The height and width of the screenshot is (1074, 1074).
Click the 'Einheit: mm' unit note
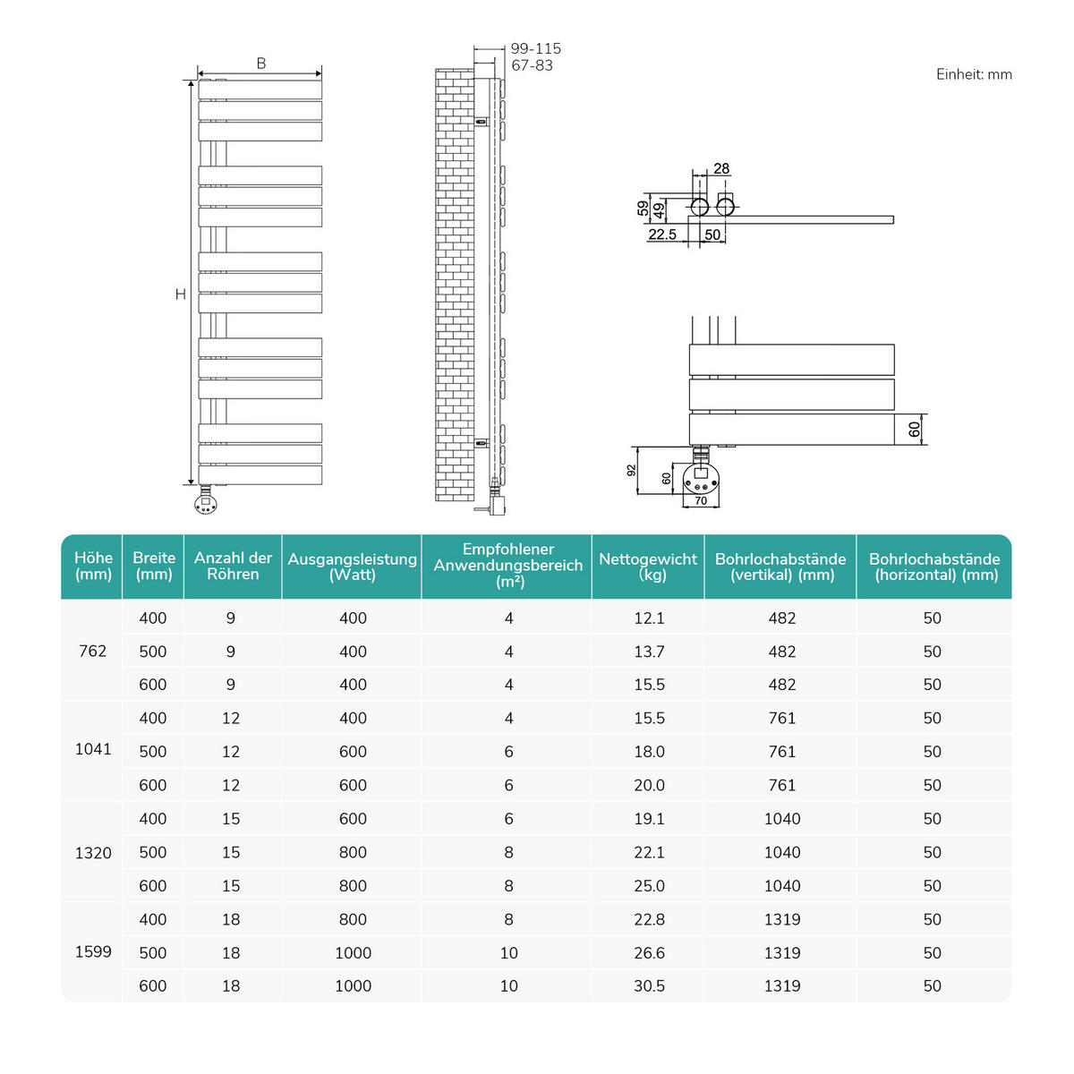(x=974, y=74)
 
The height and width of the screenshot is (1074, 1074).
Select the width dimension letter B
(x=261, y=64)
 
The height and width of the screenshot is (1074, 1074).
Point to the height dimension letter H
(x=181, y=294)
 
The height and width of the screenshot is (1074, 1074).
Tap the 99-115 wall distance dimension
(x=535, y=49)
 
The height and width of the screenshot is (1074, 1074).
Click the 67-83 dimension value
(x=532, y=65)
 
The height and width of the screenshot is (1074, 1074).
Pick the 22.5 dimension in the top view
(x=662, y=234)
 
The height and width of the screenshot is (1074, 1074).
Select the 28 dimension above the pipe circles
(x=721, y=168)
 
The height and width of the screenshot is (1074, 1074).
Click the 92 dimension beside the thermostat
(x=631, y=470)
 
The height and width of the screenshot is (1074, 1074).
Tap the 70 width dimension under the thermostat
(x=701, y=500)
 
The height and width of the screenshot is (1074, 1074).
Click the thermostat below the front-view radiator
(x=206, y=504)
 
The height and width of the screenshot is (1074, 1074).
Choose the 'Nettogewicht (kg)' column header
(x=648, y=567)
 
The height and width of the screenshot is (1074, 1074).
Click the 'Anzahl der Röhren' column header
(x=233, y=567)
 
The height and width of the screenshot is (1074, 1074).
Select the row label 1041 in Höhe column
(x=93, y=750)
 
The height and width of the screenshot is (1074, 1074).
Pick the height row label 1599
(x=93, y=951)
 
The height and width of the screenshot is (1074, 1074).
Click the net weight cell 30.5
(x=649, y=985)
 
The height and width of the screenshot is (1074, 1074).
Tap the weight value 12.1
(x=649, y=618)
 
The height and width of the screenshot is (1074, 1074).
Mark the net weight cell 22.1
(x=649, y=852)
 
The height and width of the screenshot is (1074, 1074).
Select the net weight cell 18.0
(x=649, y=752)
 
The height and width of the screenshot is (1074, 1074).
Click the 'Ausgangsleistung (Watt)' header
(x=352, y=567)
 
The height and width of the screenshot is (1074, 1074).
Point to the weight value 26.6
(x=649, y=953)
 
